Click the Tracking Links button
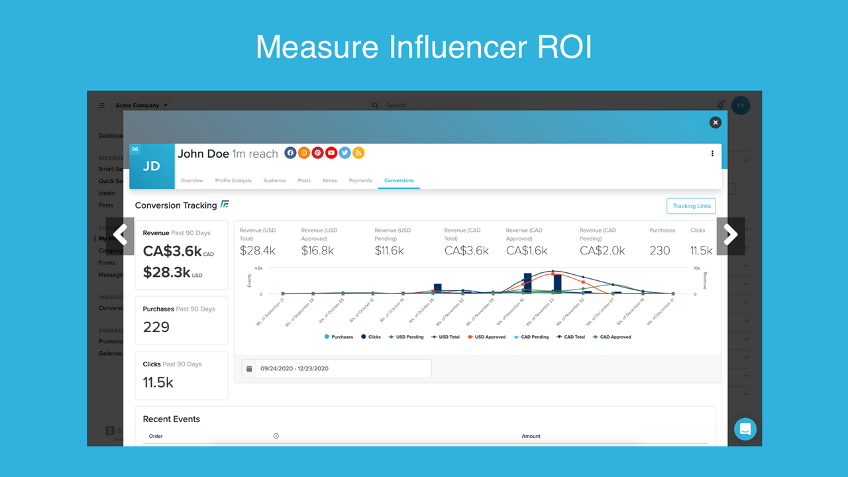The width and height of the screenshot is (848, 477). point(691,206)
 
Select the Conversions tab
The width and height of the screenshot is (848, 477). point(399,180)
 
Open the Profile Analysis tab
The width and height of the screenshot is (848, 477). point(233,180)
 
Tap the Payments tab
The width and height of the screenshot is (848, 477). point(360,180)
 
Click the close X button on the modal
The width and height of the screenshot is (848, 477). point(715,123)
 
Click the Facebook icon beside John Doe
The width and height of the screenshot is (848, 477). point(290,153)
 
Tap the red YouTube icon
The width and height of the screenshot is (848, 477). point(331,153)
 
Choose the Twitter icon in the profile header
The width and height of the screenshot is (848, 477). point(344,153)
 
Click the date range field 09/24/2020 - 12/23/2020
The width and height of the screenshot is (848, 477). point(336,368)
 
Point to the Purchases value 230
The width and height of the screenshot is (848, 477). point(660,250)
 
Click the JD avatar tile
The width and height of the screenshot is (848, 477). point(152,166)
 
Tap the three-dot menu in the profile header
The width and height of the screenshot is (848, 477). point(712,154)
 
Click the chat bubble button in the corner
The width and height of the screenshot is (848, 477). point(745,429)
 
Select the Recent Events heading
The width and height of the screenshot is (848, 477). point(172,419)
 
